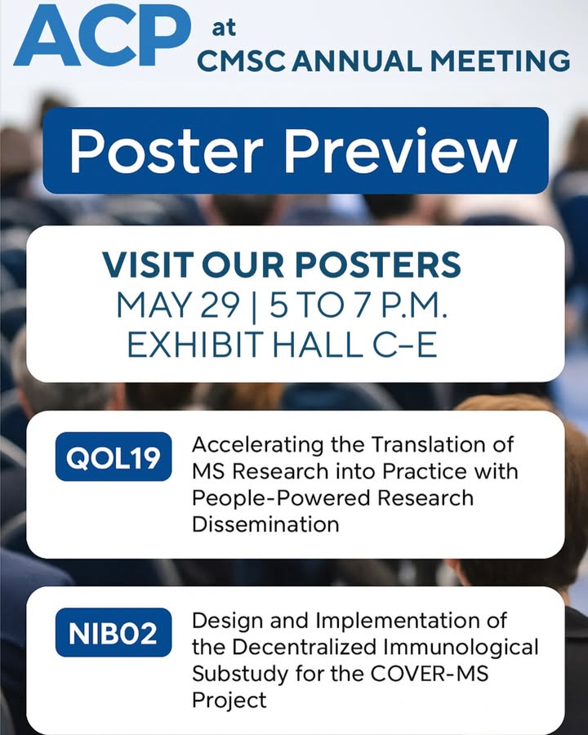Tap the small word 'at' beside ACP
(224, 28)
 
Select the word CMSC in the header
(241, 61)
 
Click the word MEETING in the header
(500, 61)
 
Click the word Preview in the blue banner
(401, 151)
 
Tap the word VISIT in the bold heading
(148, 265)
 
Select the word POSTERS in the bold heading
(378, 265)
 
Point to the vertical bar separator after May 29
(255, 306)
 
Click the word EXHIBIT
(194, 345)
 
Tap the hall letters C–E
(405, 345)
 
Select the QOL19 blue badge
(114, 457)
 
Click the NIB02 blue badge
(114, 632)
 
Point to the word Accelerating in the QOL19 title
(257, 445)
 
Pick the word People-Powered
(281, 498)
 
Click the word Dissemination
(265, 524)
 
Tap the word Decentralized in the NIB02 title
(305, 648)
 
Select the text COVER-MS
(430, 674)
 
